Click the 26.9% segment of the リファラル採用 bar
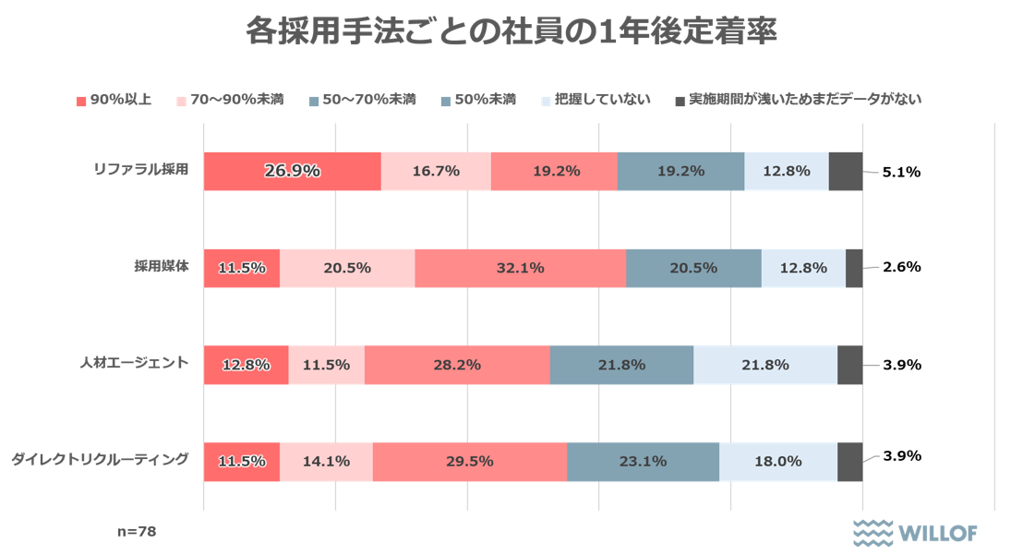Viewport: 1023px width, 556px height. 292,171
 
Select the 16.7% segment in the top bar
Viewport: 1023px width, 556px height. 436,171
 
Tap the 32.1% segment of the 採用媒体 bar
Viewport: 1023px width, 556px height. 520,268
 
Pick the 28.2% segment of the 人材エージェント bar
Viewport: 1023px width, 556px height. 457,365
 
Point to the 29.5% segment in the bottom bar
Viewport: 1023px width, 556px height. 470,462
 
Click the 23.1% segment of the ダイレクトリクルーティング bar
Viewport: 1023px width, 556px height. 643,462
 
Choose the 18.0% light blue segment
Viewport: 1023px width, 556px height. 778,462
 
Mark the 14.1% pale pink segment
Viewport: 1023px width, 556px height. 326,462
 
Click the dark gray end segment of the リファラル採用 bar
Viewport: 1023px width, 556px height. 846,171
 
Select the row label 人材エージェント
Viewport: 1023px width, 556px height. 134,363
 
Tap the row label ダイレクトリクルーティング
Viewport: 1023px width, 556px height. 101,459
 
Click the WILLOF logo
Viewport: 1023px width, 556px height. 914,532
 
